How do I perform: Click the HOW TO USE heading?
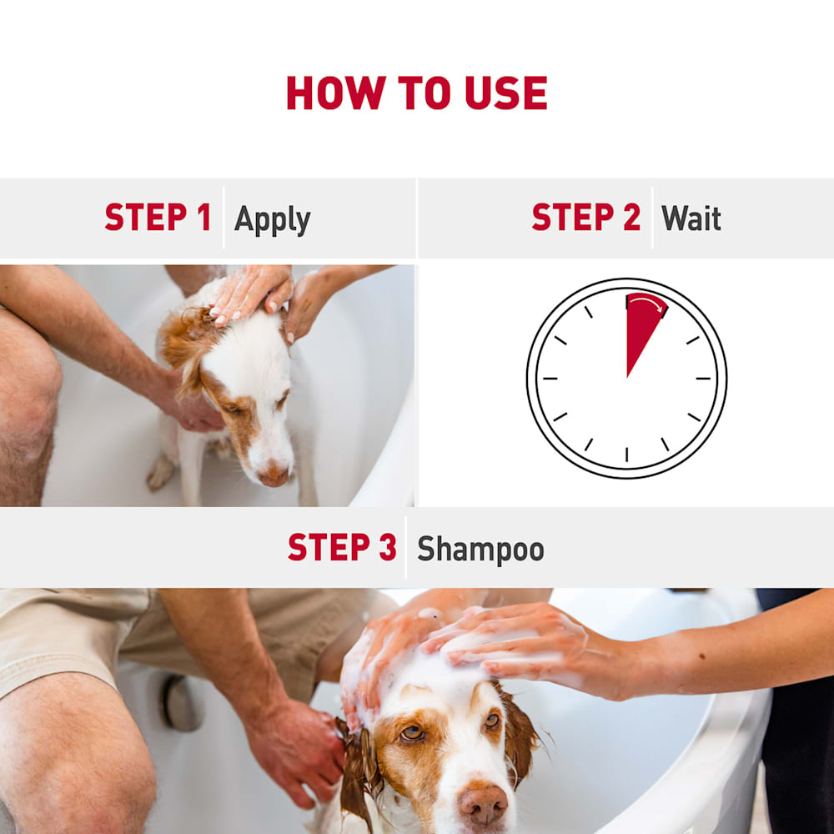point(416,93)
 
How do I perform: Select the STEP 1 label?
point(158,217)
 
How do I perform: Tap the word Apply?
point(273,220)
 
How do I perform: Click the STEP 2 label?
point(585,217)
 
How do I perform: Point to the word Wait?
point(691,218)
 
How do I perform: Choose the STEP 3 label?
point(342,547)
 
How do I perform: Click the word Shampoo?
point(480,550)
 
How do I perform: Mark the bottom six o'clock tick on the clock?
point(626,455)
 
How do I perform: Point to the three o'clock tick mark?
point(703,379)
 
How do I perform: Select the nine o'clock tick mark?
point(550,379)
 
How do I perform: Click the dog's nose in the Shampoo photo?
point(482,804)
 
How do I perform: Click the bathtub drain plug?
point(182,702)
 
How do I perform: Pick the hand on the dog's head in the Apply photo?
point(250,294)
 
